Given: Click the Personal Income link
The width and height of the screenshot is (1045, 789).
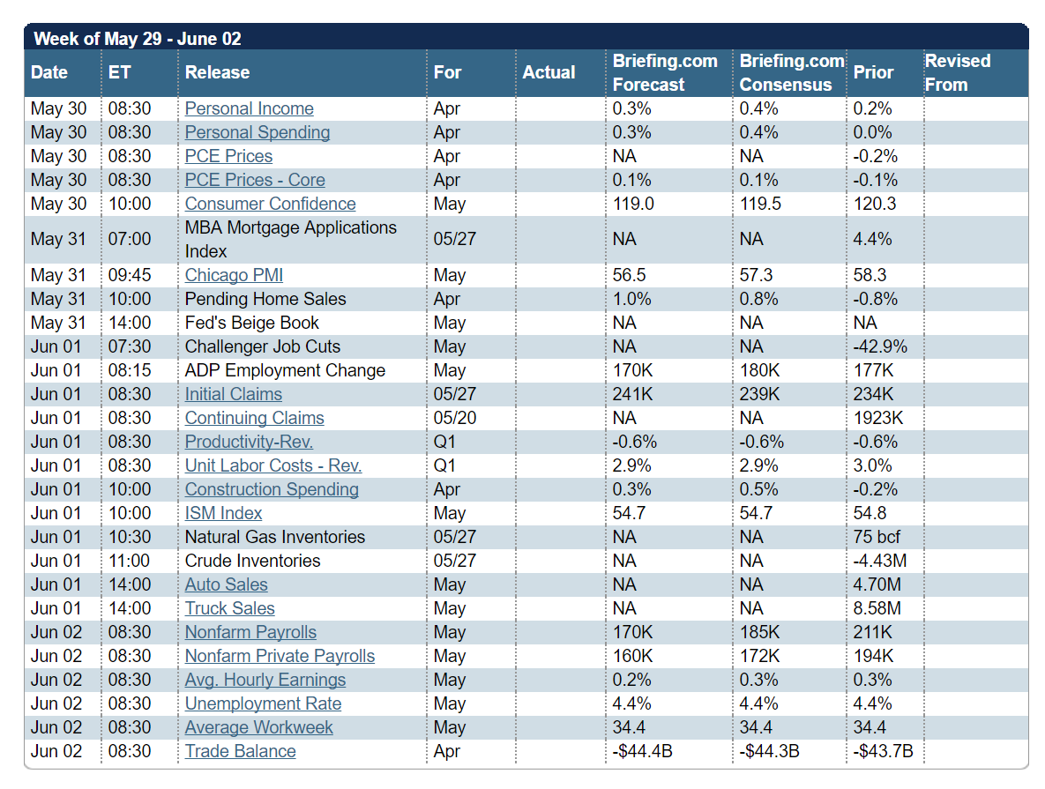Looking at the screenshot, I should (x=249, y=108).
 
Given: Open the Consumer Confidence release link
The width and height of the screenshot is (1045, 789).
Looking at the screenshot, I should (x=270, y=204).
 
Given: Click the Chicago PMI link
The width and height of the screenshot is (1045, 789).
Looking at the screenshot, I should (x=234, y=275).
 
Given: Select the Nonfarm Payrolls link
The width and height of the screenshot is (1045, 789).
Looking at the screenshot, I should (x=250, y=632).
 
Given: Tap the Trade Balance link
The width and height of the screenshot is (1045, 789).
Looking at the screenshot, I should (x=240, y=751).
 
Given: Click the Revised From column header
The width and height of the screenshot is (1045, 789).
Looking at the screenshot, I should (x=958, y=72).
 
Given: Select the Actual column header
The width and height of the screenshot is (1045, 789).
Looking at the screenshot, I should (x=549, y=72).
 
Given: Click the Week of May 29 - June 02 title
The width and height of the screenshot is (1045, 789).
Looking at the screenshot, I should (x=137, y=39).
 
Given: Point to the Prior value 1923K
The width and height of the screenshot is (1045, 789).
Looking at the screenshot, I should (x=877, y=418).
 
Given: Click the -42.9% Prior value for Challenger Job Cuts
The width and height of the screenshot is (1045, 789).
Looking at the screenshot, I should (x=880, y=346).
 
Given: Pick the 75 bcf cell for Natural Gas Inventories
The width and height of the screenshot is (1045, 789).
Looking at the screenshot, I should (x=877, y=537).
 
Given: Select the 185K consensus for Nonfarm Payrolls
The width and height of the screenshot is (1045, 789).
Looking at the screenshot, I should (x=759, y=632).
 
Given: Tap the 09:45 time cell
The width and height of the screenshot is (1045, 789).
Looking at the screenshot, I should (x=130, y=275).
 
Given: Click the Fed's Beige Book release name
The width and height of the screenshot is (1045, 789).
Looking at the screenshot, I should (x=251, y=323).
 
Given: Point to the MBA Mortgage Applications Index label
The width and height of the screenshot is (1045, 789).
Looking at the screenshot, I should (x=290, y=239).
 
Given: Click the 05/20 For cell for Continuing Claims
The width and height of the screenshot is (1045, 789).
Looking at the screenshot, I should (x=455, y=418).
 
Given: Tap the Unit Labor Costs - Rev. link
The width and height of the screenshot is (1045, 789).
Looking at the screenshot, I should (x=273, y=465).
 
